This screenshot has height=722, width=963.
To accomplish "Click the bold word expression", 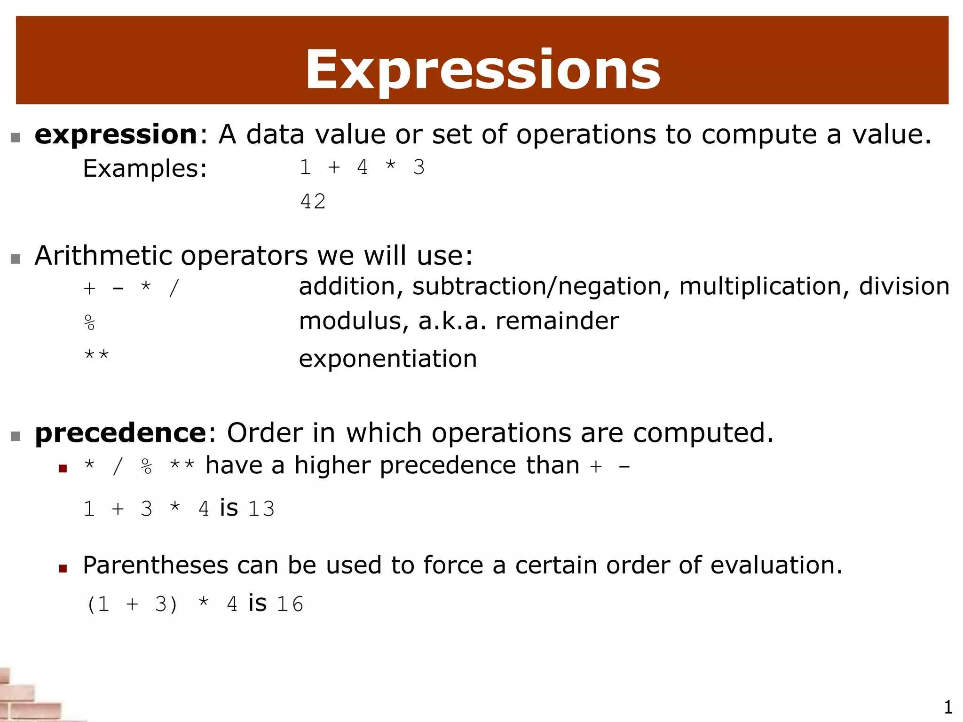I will [116, 134].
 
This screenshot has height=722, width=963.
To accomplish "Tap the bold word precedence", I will [120, 432].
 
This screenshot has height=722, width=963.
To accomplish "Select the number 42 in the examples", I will [313, 202].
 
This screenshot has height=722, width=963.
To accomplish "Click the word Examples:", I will [145, 168].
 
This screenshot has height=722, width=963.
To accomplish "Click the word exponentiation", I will [388, 359].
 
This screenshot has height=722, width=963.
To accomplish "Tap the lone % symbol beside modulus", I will [89, 323].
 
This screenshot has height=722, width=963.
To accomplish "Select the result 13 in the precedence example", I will [261, 509].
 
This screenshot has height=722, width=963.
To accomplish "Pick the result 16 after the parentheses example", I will [290, 604].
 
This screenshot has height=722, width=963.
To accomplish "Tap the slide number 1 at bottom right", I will [948, 707].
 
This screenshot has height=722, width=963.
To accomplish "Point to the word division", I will [904, 286].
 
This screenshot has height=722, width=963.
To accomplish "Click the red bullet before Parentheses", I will [63, 569].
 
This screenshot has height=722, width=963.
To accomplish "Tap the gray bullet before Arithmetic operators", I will [16, 259].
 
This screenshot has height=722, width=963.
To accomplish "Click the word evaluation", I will [776, 565].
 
